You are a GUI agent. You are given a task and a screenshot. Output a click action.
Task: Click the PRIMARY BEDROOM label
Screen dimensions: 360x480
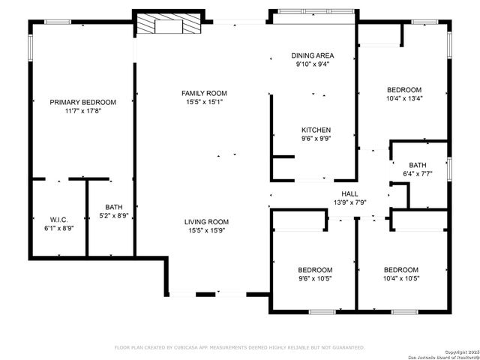(x=83, y=102)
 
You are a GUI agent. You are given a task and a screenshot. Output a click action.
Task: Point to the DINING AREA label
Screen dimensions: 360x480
(x=312, y=55)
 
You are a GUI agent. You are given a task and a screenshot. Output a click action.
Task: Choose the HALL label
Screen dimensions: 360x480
(x=349, y=193)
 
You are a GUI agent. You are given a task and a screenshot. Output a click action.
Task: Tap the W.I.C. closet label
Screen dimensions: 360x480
(x=59, y=219)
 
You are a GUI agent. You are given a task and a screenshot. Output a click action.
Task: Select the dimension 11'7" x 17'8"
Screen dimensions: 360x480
(x=83, y=111)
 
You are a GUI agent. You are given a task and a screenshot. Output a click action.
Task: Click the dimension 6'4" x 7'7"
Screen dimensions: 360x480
(x=418, y=174)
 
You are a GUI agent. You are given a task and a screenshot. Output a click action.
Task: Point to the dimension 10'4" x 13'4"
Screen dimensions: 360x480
(x=403, y=97)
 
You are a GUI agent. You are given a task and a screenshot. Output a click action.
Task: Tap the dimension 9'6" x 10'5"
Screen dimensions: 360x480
(x=315, y=278)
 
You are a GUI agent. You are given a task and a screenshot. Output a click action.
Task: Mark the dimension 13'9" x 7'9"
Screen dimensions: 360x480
(x=349, y=202)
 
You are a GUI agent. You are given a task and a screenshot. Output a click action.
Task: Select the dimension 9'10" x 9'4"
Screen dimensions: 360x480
(x=312, y=64)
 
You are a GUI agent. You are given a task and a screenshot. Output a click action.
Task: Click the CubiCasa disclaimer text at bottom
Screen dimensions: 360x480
(x=239, y=347)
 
